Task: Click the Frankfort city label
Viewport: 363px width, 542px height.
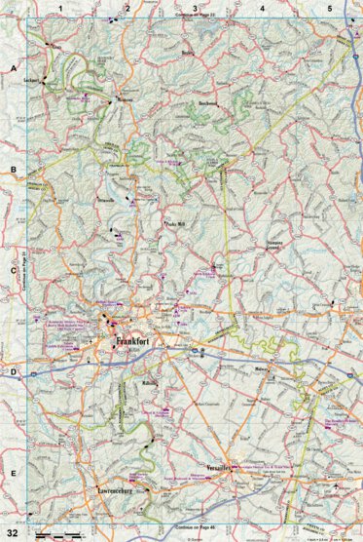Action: tap(137, 342)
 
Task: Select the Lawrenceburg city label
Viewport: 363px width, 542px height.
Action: tap(108, 490)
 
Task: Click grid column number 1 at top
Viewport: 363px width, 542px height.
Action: tap(60, 8)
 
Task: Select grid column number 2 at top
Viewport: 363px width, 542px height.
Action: tap(127, 8)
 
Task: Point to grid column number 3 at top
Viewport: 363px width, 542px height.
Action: tap(196, 8)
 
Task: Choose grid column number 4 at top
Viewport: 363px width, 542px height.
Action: tap(263, 8)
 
